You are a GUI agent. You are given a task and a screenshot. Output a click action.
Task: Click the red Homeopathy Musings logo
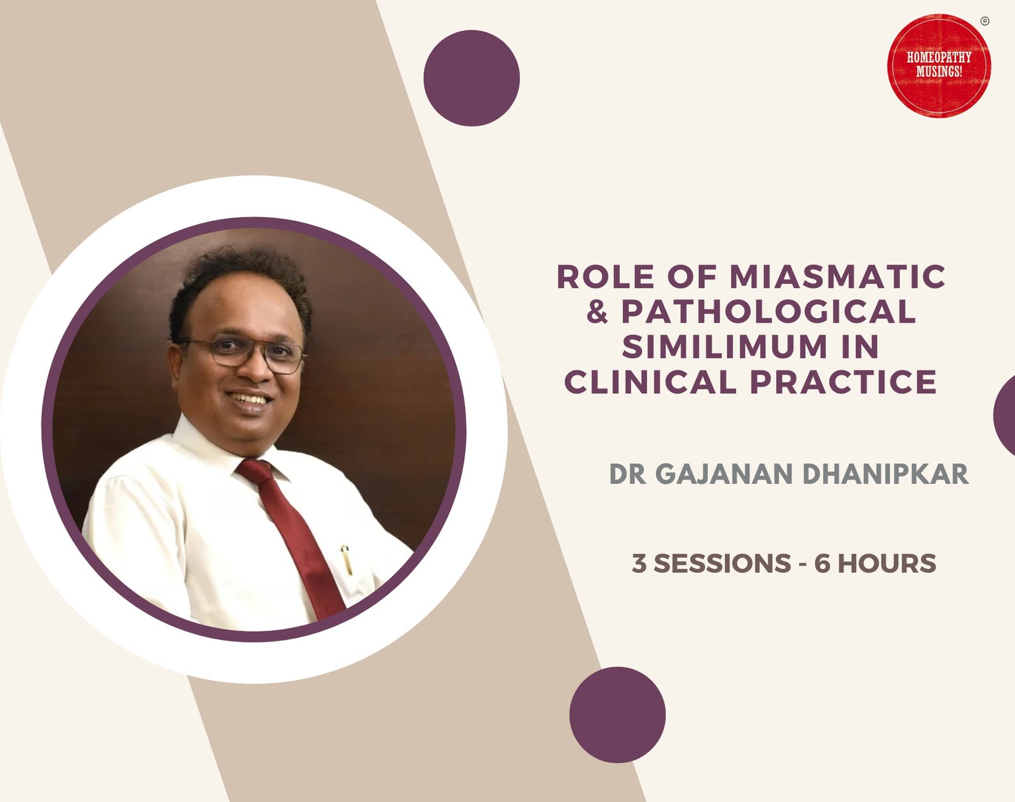point(938,65)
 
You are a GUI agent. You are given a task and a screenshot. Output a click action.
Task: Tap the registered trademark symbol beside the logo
point(985,21)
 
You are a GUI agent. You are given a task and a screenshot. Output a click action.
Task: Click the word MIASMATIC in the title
point(838,277)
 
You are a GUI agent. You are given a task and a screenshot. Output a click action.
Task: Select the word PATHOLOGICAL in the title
point(768,312)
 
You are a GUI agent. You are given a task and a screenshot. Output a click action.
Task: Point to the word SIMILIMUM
point(724,347)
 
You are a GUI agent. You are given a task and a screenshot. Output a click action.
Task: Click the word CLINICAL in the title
point(651,382)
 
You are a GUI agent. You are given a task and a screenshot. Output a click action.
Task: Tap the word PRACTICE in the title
point(844,382)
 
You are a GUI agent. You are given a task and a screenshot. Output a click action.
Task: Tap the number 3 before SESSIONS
point(639,564)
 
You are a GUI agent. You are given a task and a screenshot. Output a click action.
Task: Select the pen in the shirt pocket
point(346,559)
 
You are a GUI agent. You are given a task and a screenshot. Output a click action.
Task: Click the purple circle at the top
point(471,78)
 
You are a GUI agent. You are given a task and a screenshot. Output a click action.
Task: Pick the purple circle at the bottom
point(617,714)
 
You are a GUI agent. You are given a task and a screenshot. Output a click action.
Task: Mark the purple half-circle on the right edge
point(1005,415)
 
